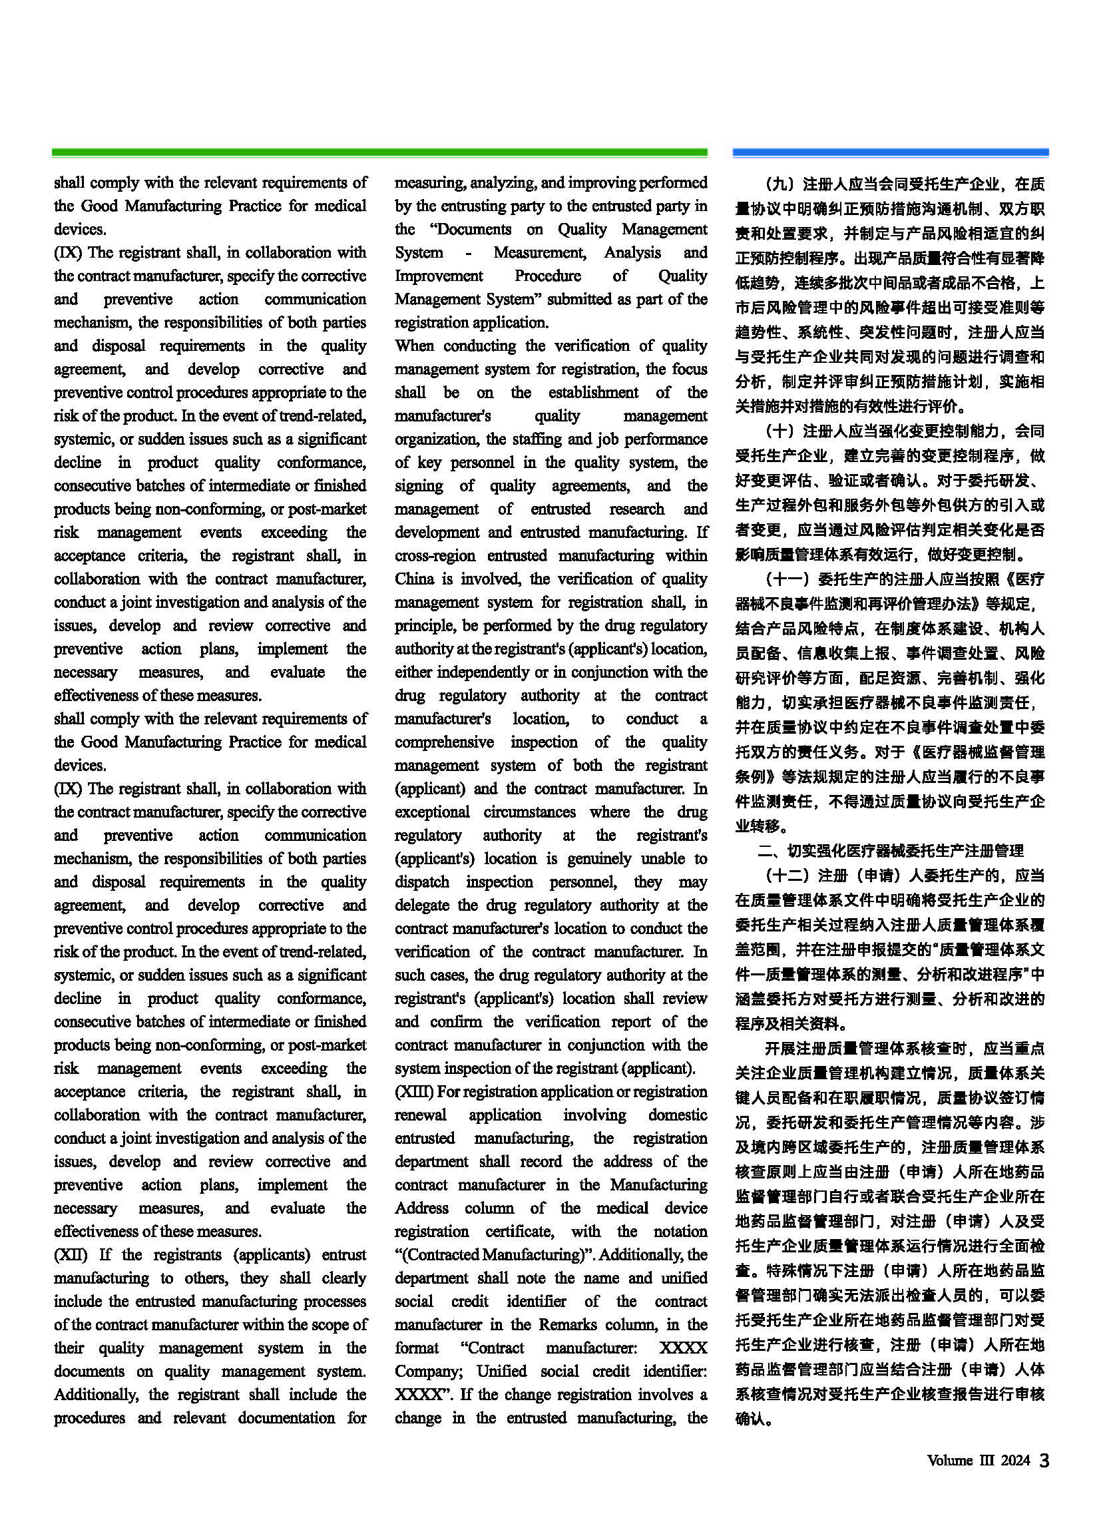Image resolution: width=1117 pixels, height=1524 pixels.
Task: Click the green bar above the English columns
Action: click(379, 153)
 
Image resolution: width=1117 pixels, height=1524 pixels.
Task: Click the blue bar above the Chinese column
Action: click(890, 153)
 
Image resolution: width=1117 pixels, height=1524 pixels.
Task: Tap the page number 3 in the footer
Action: click(1044, 1461)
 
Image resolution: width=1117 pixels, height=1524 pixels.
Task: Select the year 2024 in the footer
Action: click(1015, 1461)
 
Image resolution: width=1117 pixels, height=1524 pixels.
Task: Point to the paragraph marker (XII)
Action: click(71, 1255)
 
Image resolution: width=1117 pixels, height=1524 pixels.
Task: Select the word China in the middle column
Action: click(414, 579)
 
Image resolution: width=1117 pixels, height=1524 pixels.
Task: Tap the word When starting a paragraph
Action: click(415, 346)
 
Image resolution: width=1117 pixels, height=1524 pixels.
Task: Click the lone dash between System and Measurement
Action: click(468, 253)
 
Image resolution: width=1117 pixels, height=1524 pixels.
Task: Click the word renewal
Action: click(421, 1115)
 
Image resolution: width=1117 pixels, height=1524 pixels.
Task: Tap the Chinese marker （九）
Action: click(780, 184)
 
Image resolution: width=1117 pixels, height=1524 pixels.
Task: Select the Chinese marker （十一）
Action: click(786, 579)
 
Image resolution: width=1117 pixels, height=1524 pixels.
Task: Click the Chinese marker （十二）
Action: click(786, 876)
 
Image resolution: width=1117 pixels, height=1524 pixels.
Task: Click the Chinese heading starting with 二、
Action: click(890, 851)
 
